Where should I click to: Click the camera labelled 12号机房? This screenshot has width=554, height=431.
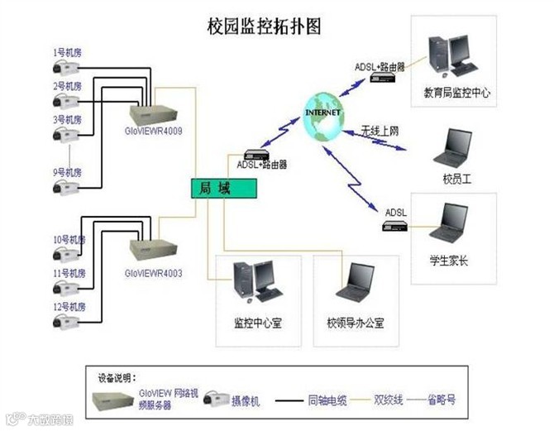pos(65,322)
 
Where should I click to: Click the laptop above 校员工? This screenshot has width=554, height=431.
pos(453,148)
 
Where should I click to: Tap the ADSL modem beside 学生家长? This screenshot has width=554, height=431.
pos(396,225)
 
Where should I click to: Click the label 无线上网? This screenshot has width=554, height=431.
pos(380,131)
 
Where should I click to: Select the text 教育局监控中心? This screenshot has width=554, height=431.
pos(456,93)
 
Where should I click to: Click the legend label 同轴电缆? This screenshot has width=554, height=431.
pos(325,400)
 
